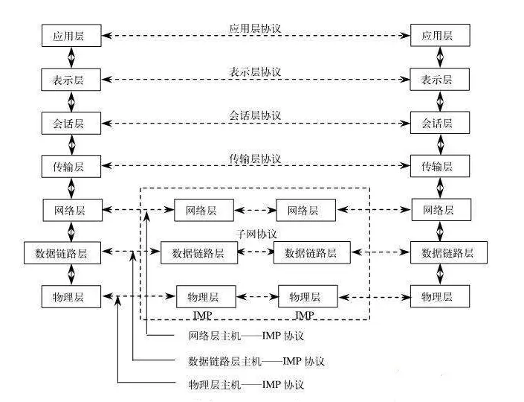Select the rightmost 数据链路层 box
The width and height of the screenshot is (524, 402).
point(448,253)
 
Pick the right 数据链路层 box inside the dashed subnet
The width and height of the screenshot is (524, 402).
point(311,253)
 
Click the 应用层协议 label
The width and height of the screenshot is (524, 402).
point(255,28)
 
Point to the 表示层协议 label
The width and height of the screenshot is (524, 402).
point(255,71)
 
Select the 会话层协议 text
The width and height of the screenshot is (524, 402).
point(255,115)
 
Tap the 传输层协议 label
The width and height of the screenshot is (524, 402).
point(255,159)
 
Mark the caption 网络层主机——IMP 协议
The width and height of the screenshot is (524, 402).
point(246,336)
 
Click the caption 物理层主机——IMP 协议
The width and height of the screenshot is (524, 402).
point(246,384)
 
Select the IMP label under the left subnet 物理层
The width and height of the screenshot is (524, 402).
point(203,315)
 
